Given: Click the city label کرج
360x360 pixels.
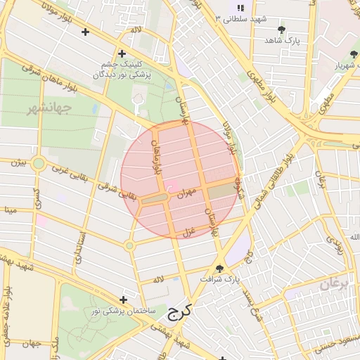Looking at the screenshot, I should coord(179,311).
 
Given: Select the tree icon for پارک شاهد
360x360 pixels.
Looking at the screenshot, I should coord(282,30).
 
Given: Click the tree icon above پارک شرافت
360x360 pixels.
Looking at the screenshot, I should coord(219,268).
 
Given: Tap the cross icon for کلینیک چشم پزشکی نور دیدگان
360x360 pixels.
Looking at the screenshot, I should coord(122,53).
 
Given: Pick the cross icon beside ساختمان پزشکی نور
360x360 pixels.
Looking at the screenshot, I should coord(124,300).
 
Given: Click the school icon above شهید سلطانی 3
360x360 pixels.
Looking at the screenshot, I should coord(240,7).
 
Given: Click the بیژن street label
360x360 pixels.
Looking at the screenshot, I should coord(18,162).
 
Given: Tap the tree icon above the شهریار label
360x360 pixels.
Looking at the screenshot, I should coord(353,54).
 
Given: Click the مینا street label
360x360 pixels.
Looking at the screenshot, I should coord(10,210).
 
